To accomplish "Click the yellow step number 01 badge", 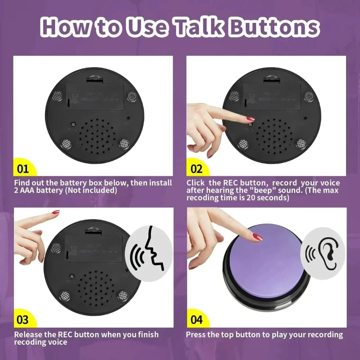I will click(23, 169).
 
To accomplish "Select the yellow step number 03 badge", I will click(23, 320).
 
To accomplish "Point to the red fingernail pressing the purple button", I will click(258, 237).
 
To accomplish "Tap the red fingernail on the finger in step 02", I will click(250, 119).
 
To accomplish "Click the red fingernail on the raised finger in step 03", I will click(56, 212).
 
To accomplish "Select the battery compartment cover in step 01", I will click(95, 97).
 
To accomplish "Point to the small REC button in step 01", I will click(73, 124).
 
